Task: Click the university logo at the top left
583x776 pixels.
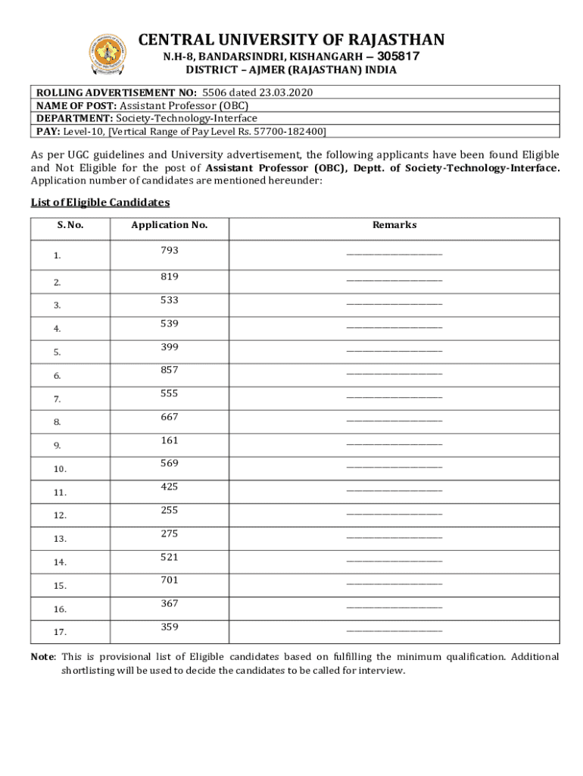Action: (x=108, y=54)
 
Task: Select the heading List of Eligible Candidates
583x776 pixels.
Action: (x=100, y=202)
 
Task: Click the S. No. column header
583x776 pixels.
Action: (x=70, y=226)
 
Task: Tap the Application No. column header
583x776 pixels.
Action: (x=169, y=225)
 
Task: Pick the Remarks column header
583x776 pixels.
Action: (x=394, y=225)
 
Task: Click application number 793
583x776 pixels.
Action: (x=169, y=250)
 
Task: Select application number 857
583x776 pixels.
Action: (x=169, y=370)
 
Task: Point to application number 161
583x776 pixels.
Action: (x=169, y=440)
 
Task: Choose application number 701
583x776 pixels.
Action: (x=169, y=580)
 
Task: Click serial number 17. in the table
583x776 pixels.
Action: (x=60, y=632)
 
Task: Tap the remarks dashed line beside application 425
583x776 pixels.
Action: (x=394, y=491)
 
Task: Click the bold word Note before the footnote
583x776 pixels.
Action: (x=42, y=657)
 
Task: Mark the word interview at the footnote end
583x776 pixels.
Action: (x=382, y=671)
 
